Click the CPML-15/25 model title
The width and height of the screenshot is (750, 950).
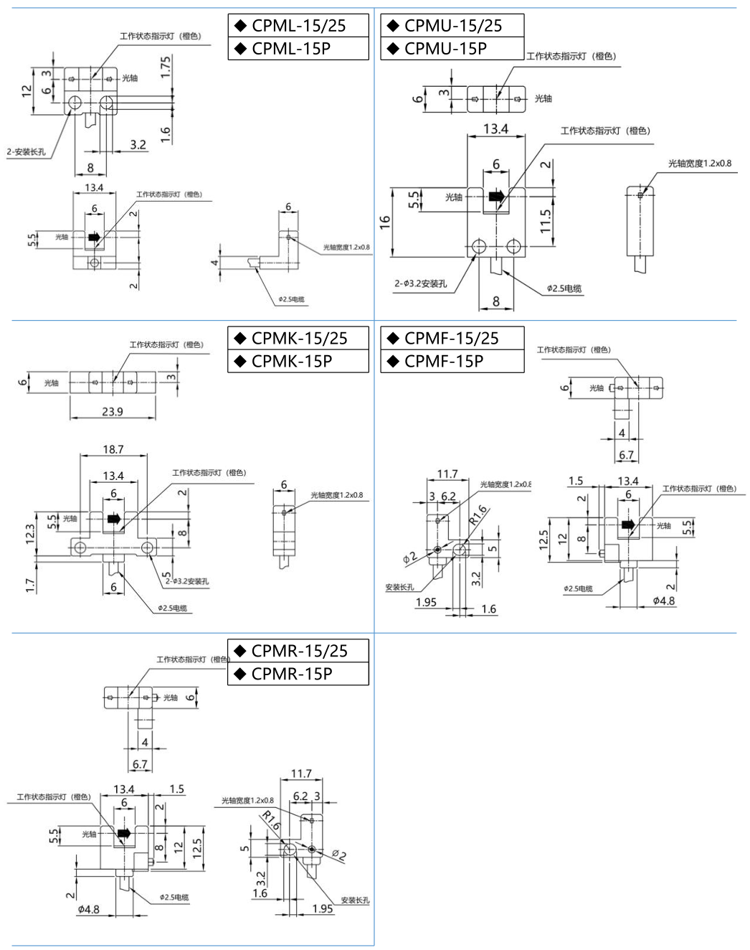298,26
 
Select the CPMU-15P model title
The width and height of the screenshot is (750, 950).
445,49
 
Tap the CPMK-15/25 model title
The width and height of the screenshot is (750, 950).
299,339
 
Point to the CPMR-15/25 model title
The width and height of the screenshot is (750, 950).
299,652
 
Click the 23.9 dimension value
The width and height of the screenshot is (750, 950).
112,412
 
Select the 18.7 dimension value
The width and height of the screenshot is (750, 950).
113,449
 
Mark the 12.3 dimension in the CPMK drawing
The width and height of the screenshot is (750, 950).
30,534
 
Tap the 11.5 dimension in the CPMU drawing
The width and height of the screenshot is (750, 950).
546,222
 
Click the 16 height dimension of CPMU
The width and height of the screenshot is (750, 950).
385,222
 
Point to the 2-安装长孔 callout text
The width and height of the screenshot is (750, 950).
27,152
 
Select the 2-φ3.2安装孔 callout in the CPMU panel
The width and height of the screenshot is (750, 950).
420,283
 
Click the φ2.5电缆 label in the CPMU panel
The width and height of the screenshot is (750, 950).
564,288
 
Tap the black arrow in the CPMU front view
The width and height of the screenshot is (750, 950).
495,197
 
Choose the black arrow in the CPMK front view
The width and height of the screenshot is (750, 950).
113,519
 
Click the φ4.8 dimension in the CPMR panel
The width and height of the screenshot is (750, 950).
89,910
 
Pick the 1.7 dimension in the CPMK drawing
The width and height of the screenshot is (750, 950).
30,585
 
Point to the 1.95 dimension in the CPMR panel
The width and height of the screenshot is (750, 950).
323,908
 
